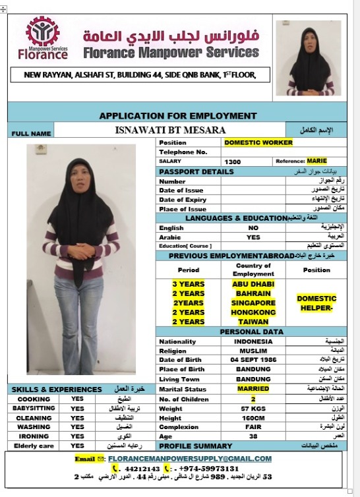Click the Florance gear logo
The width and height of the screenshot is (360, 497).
pyautogui.click(x=42, y=32)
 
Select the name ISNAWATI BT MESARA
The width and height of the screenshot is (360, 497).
pyautogui.click(x=170, y=130)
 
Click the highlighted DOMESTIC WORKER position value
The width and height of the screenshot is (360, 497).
pyautogui.click(x=254, y=142)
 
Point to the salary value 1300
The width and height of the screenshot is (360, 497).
pyautogui.click(x=233, y=161)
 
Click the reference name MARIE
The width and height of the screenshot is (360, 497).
pyautogui.click(x=316, y=161)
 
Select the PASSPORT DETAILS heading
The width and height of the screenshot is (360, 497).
pyautogui.click(x=196, y=172)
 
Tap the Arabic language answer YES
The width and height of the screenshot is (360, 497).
pyautogui.click(x=253, y=237)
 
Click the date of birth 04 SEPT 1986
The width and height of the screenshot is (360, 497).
pyautogui.click(x=253, y=360)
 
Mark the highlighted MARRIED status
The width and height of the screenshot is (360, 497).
pyautogui.click(x=253, y=389)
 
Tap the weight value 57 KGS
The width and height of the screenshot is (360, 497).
pyautogui.click(x=253, y=409)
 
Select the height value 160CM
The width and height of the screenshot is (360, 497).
pyautogui.click(x=253, y=418)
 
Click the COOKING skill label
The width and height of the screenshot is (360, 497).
pyautogui.click(x=34, y=399)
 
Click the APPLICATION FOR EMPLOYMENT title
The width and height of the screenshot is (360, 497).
pyautogui.click(x=177, y=115)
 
